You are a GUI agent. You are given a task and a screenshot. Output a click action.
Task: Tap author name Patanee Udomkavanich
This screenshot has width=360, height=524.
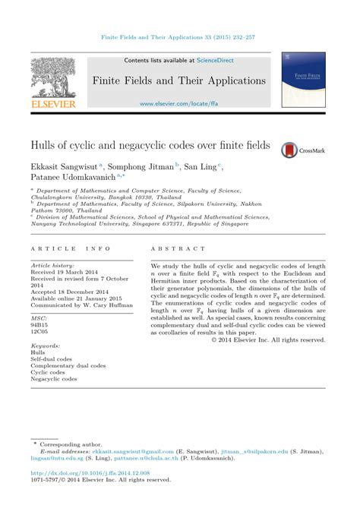tap(73, 177)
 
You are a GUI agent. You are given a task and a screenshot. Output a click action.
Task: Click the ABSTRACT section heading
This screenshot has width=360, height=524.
tap(178, 249)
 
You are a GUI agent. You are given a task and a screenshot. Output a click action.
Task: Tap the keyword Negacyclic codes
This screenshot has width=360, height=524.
tap(54, 379)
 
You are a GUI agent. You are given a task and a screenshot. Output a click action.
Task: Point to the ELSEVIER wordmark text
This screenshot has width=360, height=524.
tap(53, 103)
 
